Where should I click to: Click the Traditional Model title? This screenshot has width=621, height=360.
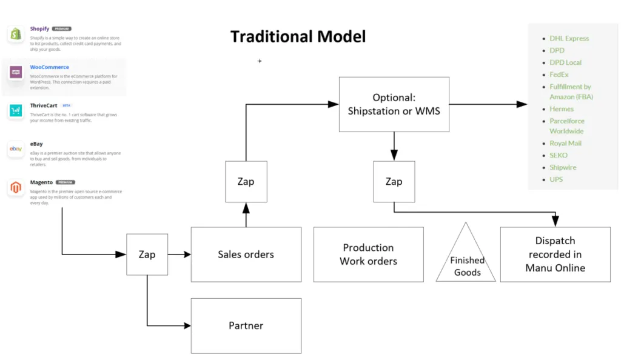point(298,37)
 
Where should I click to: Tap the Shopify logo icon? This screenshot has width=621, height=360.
point(16,35)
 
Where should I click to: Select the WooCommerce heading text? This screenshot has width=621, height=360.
point(50,67)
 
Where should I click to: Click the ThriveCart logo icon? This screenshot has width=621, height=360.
point(16,111)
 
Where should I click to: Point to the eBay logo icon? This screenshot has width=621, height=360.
point(16,149)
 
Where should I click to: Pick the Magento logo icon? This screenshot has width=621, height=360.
point(16,188)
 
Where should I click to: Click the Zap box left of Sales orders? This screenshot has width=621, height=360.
point(147,255)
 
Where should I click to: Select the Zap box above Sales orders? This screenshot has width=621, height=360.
point(246,182)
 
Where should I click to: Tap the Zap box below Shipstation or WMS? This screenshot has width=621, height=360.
point(394,182)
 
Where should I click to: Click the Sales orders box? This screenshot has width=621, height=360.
point(246,255)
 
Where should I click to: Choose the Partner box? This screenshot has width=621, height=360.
point(246,325)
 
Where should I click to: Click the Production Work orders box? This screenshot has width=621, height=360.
point(368,255)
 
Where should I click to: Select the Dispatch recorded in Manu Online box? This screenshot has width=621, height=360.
point(555,255)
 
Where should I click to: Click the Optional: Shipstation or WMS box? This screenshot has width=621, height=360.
point(394,105)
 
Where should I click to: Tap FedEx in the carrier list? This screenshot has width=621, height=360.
point(559,75)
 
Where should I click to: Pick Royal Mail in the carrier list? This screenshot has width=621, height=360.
point(565,143)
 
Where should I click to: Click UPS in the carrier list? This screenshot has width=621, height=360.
point(556,179)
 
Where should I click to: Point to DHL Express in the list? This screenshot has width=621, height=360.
point(569,38)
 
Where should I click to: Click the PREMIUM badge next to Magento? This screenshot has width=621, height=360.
point(65,182)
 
